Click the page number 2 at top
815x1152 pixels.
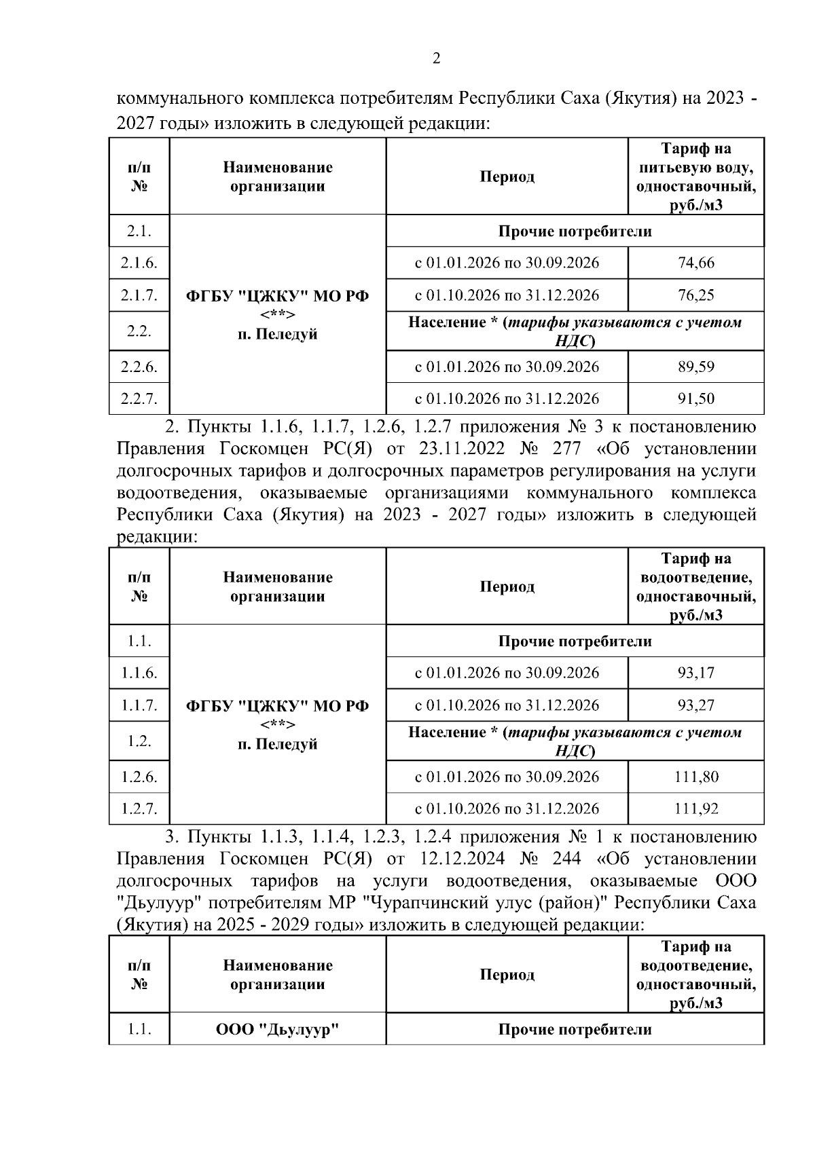[x=436, y=58]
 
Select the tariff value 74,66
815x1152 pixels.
[x=696, y=263]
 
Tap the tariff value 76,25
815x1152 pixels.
[x=696, y=295]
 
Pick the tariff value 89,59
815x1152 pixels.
[x=696, y=367]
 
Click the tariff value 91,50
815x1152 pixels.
[x=696, y=398]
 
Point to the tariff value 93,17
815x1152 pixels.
[x=696, y=673]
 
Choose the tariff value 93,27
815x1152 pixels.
[x=696, y=705]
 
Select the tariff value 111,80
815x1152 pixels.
[x=696, y=777]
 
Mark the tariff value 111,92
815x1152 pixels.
[x=696, y=809]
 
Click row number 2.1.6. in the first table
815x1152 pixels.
[x=139, y=263]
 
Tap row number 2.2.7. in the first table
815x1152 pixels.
[x=139, y=398]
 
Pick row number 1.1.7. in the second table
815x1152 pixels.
[x=139, y=705]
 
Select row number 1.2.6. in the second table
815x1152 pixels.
[x=139, y=777]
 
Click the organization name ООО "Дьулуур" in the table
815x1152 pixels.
[x=277, y=1030]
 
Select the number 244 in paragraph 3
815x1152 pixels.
[x=567, y=859]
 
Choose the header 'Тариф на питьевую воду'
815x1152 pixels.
[x=696, y=158]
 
